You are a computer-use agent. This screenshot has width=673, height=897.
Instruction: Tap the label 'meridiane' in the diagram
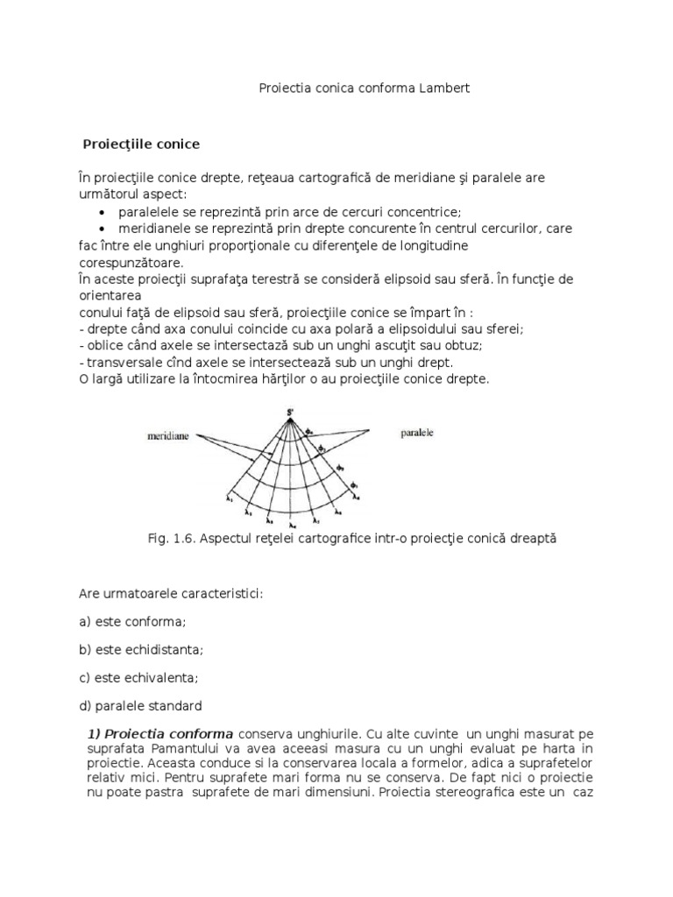tap(169, 433)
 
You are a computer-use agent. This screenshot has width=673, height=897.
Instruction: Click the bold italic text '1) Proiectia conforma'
tap(160, 733)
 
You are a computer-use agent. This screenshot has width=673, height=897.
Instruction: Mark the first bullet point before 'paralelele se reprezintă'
tap(104, 213)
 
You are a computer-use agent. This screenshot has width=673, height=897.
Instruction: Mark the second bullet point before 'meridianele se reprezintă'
tap(104, 230)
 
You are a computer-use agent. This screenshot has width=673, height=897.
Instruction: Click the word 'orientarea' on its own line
tap(110, 296)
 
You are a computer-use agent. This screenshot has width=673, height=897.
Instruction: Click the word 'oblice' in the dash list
tap(103, 345)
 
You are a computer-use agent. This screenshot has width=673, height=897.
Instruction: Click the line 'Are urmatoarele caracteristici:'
tap(171, 593)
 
